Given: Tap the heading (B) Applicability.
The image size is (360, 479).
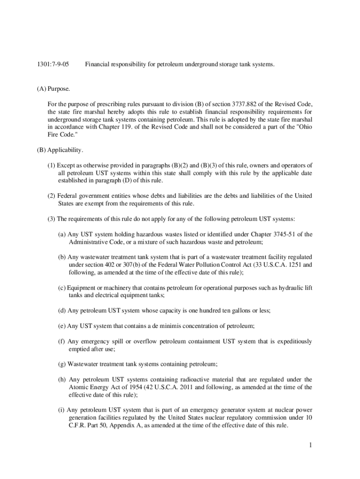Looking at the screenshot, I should (60, 150).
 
